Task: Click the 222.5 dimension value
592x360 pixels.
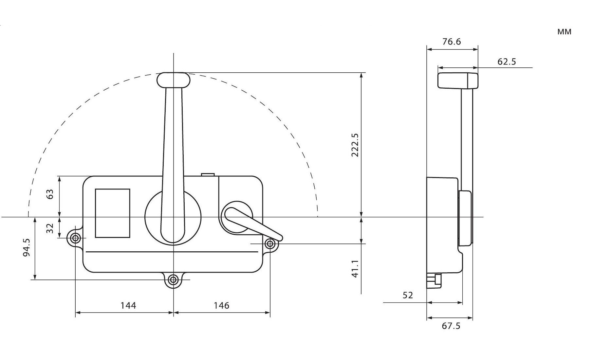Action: (x=355, y=145)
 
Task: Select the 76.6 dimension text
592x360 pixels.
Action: (x=452, y=42)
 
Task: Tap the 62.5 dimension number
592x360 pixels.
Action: (x=507, y=62)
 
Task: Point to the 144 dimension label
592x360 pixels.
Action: (x=128, y=305)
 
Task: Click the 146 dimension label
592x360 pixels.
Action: (x=221, y=305)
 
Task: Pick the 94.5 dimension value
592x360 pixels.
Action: (x=27, y=247)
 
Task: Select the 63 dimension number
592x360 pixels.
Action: (x=50, y=194)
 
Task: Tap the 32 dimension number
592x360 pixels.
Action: (x=50, y=228)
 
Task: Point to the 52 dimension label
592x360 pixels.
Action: (x=408, y=295)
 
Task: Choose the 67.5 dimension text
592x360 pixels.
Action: (x=451, y=326)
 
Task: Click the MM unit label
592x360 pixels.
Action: (x=564, y=32)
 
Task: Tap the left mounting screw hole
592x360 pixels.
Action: (x=75, y=238)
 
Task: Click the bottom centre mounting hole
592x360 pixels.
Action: (x=173, y=280)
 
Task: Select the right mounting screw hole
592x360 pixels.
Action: (x=270, y=244)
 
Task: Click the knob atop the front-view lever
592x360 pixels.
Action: (x=173, y=80)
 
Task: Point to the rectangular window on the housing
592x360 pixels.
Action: (x=112, y=213)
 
